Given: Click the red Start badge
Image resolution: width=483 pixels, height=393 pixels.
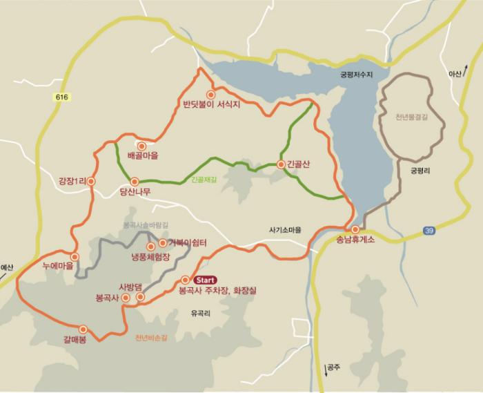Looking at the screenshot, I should click(206, 280).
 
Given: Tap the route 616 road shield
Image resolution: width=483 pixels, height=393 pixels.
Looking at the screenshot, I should click(62, 98).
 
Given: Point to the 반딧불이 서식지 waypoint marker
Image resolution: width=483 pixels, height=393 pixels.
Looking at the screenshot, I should click(210, 95).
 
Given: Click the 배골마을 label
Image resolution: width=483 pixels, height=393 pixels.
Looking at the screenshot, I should click(143, 156).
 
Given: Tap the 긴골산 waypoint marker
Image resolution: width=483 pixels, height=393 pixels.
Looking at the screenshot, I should click(280, 164).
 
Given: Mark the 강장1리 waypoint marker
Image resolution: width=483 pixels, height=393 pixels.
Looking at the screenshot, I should click(91, 182).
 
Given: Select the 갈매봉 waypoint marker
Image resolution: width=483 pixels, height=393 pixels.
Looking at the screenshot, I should click(83, 329).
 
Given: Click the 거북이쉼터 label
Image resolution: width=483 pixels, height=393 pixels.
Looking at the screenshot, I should click(188, 243).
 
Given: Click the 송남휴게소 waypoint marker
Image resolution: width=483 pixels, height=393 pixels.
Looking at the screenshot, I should click(355, 229).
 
